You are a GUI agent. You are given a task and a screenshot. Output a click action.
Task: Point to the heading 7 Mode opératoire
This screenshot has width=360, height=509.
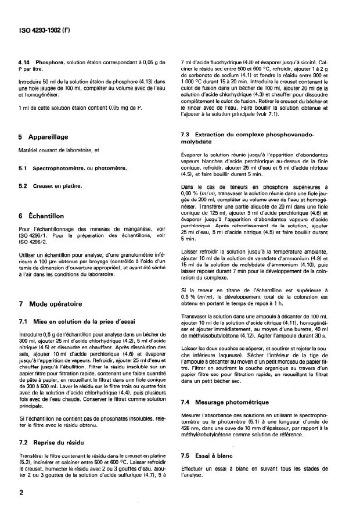51,304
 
